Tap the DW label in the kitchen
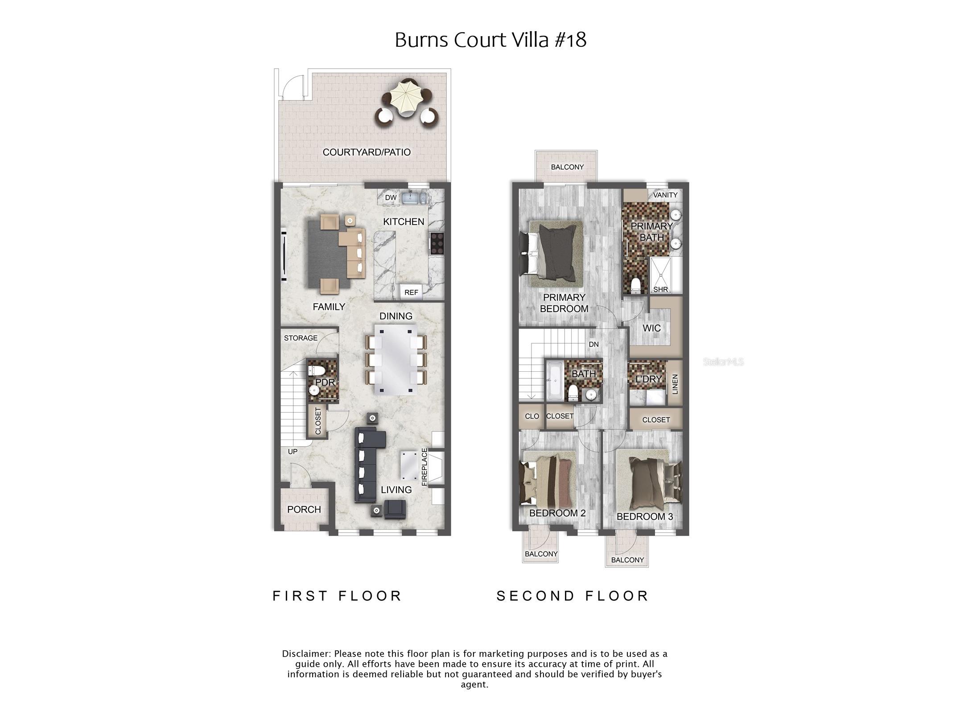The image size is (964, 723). [391, 197]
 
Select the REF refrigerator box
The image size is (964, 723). [411, 292]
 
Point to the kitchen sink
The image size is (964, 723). [413, 197]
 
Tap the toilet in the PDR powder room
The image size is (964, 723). [317, 370]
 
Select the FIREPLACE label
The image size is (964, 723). [424, 467]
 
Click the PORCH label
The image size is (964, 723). [304, 509]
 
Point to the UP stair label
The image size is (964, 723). [292, 452]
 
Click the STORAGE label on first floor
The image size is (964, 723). [301, 338]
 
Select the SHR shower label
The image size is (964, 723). [660, 289]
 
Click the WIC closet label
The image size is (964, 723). [651, 328]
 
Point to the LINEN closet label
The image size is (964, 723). [675, 384]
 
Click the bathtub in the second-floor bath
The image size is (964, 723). [555, 380]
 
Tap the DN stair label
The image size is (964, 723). [593, 345]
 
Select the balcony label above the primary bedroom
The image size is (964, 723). [567, 167]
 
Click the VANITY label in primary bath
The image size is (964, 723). [665, 195]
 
